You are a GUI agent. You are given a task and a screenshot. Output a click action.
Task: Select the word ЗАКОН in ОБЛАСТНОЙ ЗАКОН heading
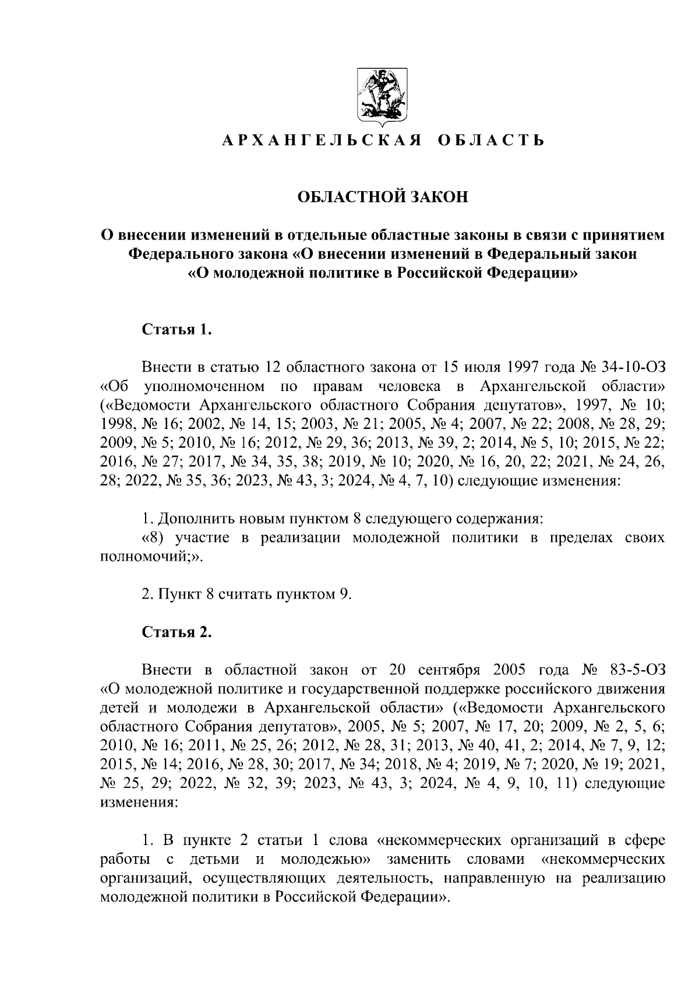click(440, 197)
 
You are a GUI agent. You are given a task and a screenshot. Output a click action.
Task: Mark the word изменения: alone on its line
click(136, 803)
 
